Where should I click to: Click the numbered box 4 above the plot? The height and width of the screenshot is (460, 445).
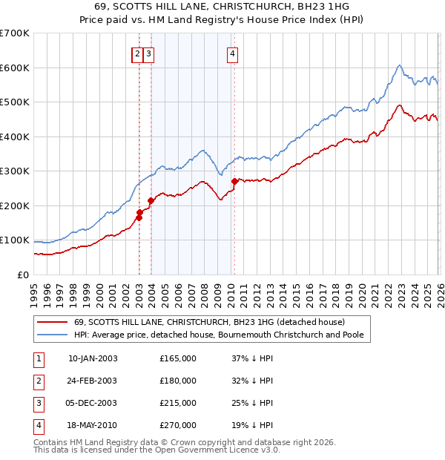(x=232, y=53)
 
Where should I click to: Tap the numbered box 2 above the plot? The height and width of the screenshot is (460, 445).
(x=137, y=53)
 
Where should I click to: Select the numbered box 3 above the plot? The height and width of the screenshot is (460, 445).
(x=148, y=53)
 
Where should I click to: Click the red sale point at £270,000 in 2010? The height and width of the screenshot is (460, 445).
(x=235, y=181)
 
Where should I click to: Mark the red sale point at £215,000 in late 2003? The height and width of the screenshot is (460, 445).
(x=151, y=200)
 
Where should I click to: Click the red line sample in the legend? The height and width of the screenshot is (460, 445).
(x=52, y=322)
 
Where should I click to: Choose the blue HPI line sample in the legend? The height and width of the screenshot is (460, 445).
(x=52, y=335)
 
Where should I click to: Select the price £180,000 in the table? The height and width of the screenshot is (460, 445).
(x=178, y=381)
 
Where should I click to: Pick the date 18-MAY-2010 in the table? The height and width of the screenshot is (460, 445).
(x=93, y=425)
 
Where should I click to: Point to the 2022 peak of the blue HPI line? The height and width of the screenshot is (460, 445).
(x=399, y=65)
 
